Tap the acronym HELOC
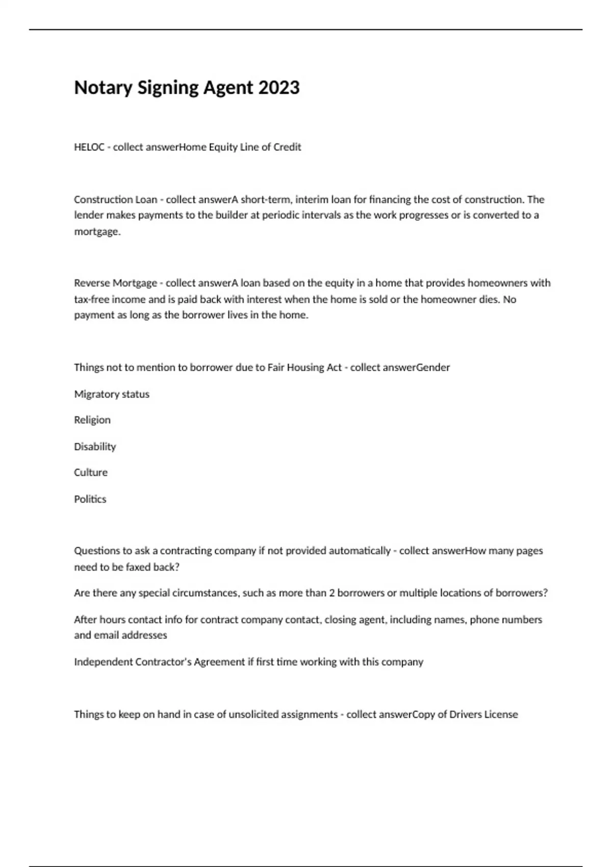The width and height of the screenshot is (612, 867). click(x=89, y=147)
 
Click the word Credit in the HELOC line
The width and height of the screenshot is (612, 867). click(x=287, y=147)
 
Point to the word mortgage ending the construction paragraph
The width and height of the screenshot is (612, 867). click(x=97, y=232)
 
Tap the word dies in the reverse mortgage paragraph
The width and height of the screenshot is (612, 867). click(x=488, y=299)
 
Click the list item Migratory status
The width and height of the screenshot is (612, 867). click(x=112, y=394)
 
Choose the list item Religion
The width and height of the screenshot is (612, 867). click(x=92, y=420)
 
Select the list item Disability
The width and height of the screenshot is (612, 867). click(x=95, y=447)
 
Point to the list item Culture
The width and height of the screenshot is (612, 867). click(x=91, y=473)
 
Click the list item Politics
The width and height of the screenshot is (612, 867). click(x=90, y=499)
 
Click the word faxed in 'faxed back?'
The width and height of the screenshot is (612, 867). click(x=138, y=567)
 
